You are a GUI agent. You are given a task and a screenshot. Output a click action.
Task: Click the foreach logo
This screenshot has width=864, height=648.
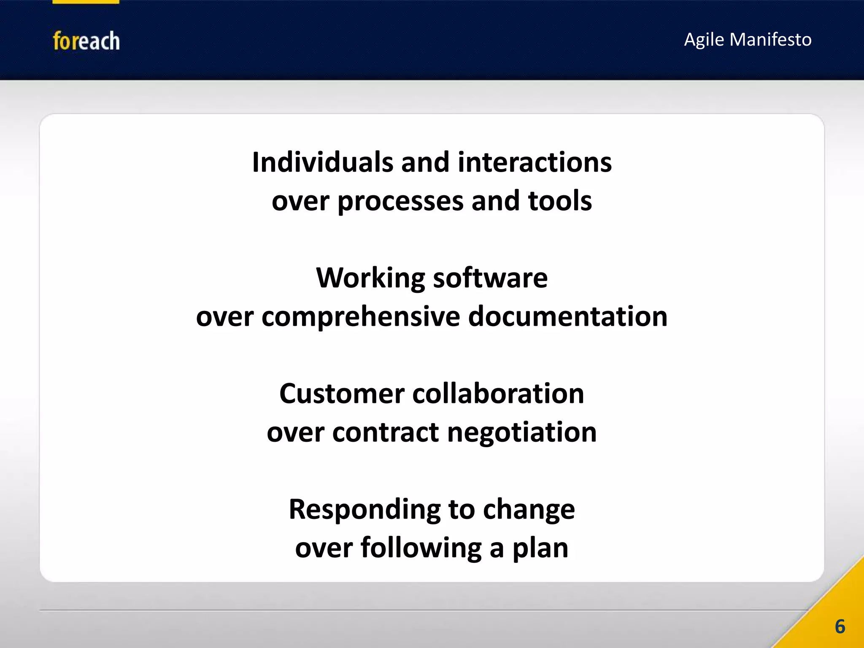click(x=86, y=41)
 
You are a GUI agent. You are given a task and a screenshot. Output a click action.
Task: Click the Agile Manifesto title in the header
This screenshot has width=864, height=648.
click(x=748, y=40)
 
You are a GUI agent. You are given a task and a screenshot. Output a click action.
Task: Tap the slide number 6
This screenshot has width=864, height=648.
click(x=840, y=626)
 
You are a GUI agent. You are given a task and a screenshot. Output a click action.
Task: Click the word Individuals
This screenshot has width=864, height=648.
click(x=322, y=162)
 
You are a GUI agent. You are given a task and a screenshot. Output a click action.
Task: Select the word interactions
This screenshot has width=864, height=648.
click(x=535, y=162)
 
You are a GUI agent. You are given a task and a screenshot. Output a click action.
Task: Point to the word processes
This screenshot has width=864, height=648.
click(x=400, y=202)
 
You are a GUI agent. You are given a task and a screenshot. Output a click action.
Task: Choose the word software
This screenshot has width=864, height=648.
click(x=490, y=278)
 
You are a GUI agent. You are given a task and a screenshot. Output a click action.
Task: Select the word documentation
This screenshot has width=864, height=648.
click(x=568, y=316)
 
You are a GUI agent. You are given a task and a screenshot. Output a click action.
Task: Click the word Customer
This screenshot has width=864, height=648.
click(x=342, y=394)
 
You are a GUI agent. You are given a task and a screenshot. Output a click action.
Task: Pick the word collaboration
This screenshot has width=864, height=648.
click(x=498, y=394)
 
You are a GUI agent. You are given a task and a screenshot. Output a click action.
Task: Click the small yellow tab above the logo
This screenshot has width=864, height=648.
click(x=86, y=2)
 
